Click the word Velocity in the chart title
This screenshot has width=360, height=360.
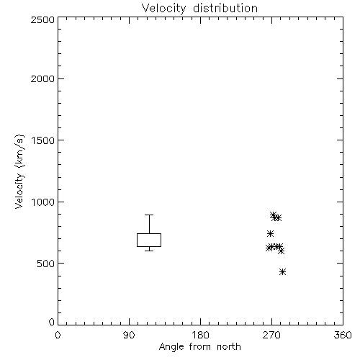[164, 9]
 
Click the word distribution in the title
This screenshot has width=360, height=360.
[225, 8]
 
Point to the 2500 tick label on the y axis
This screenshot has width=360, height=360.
[42, 19]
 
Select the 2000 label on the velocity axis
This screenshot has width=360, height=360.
[42, 78]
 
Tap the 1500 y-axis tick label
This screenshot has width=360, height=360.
[43, 140]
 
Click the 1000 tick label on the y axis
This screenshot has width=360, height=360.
[43, 202]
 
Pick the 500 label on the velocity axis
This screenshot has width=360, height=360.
[46, 264]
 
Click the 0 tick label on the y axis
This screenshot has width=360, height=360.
[52, 322]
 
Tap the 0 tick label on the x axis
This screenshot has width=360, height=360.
[58, 335]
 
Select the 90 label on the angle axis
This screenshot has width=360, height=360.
[129, 335]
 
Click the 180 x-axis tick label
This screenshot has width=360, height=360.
[200, 335]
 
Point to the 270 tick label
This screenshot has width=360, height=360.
[271, 335]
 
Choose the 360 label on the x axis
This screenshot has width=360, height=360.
[343, 335]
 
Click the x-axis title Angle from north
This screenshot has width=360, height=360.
[200, 347]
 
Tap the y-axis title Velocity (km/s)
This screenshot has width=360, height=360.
[19, 171]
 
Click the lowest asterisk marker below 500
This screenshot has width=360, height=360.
[282, 272]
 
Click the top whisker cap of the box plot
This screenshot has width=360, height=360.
[149, 215]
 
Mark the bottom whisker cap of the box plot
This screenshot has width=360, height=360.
[149, 251]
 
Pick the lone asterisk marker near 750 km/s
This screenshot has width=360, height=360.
[270, 233]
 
